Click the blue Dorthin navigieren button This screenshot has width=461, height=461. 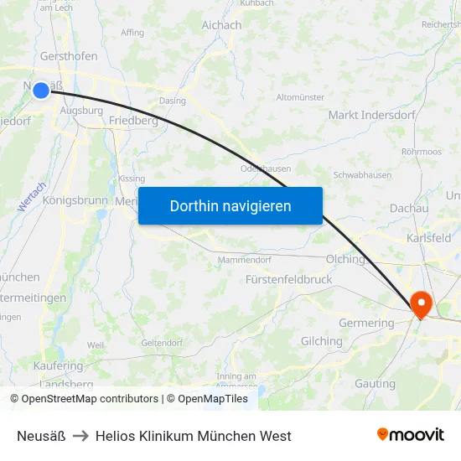(230, 206)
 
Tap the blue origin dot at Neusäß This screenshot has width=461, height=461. (41, 90)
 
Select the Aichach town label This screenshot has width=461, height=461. (221, 25)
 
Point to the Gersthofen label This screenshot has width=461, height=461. (69, 56)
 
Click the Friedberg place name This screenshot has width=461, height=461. (133, 121)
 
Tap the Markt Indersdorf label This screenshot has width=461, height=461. (370, 115)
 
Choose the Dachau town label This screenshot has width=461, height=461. (409, 208)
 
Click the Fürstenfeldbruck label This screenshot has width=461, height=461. (289, 279)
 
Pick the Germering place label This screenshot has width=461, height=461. (366, 323)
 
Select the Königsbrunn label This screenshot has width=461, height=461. (75, 201)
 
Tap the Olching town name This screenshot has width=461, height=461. (345, 259)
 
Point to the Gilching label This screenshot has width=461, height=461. (322, 341)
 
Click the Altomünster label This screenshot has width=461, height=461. (300, 97)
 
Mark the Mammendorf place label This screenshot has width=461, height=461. (244, 261)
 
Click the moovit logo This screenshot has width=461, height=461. (411, 435)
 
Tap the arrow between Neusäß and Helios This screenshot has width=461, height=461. (80, 436)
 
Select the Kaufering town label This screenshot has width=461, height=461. (58, 366)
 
